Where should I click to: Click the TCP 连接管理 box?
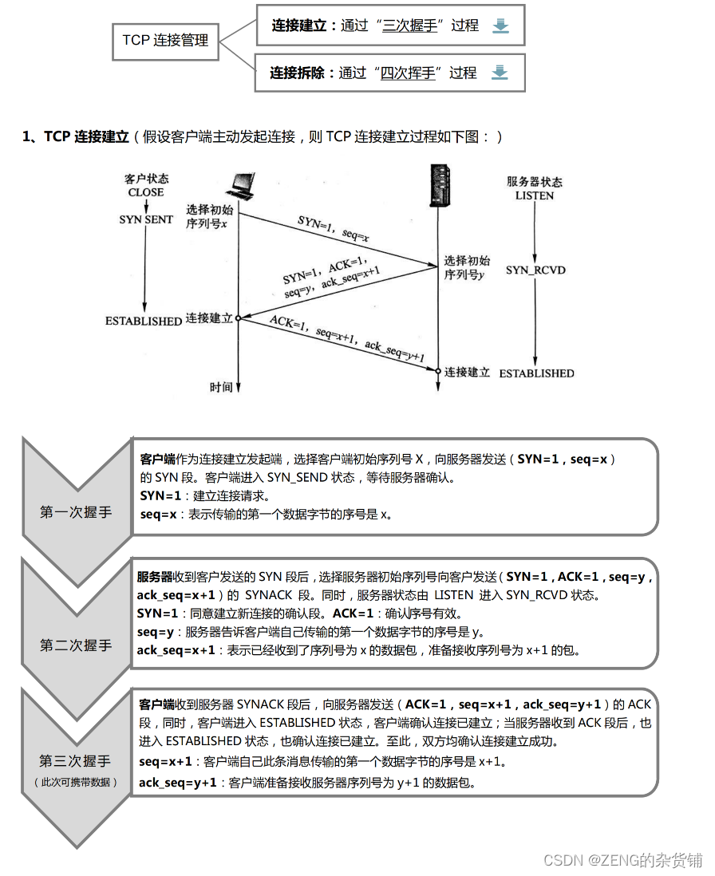pyautogui.click(x=165, y=40)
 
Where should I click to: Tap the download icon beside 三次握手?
pyautogui.click(x=500, y=26)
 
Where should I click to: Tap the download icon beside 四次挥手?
pyautogui.click(x=500, y=73)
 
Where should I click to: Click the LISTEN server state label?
pyautogui.click(x=534, y=195)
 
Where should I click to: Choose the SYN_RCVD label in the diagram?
pyautogui.click(x=535, y=270)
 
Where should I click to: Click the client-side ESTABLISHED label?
pyautogui.click(x=144, y=322)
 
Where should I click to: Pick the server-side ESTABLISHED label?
pyautogui.click(x=536, y=373)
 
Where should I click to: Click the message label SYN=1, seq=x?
pyautogui.click(x=333, y=228)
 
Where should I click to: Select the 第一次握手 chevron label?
pyautogui.click(x=76, y=512)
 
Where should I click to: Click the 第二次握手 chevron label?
pyautogui.click(x=76, y=645)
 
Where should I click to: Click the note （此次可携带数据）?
pyautogui.click(x=76, y=782)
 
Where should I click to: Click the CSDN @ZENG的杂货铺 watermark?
pyautogui.click(x=622, y=860)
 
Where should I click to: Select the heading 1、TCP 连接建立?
pyautogui.click(x=76, y=136)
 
